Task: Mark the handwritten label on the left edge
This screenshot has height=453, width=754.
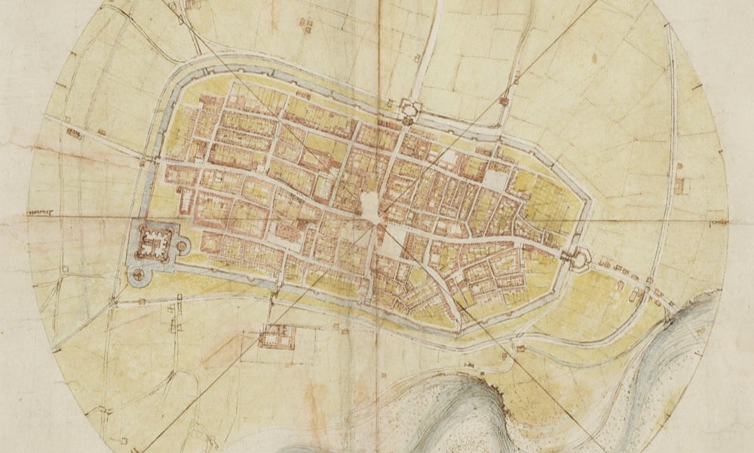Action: (45, 213)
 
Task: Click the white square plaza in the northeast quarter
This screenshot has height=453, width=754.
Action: (494, 180)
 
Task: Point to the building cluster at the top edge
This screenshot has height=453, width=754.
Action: (307, 25)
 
